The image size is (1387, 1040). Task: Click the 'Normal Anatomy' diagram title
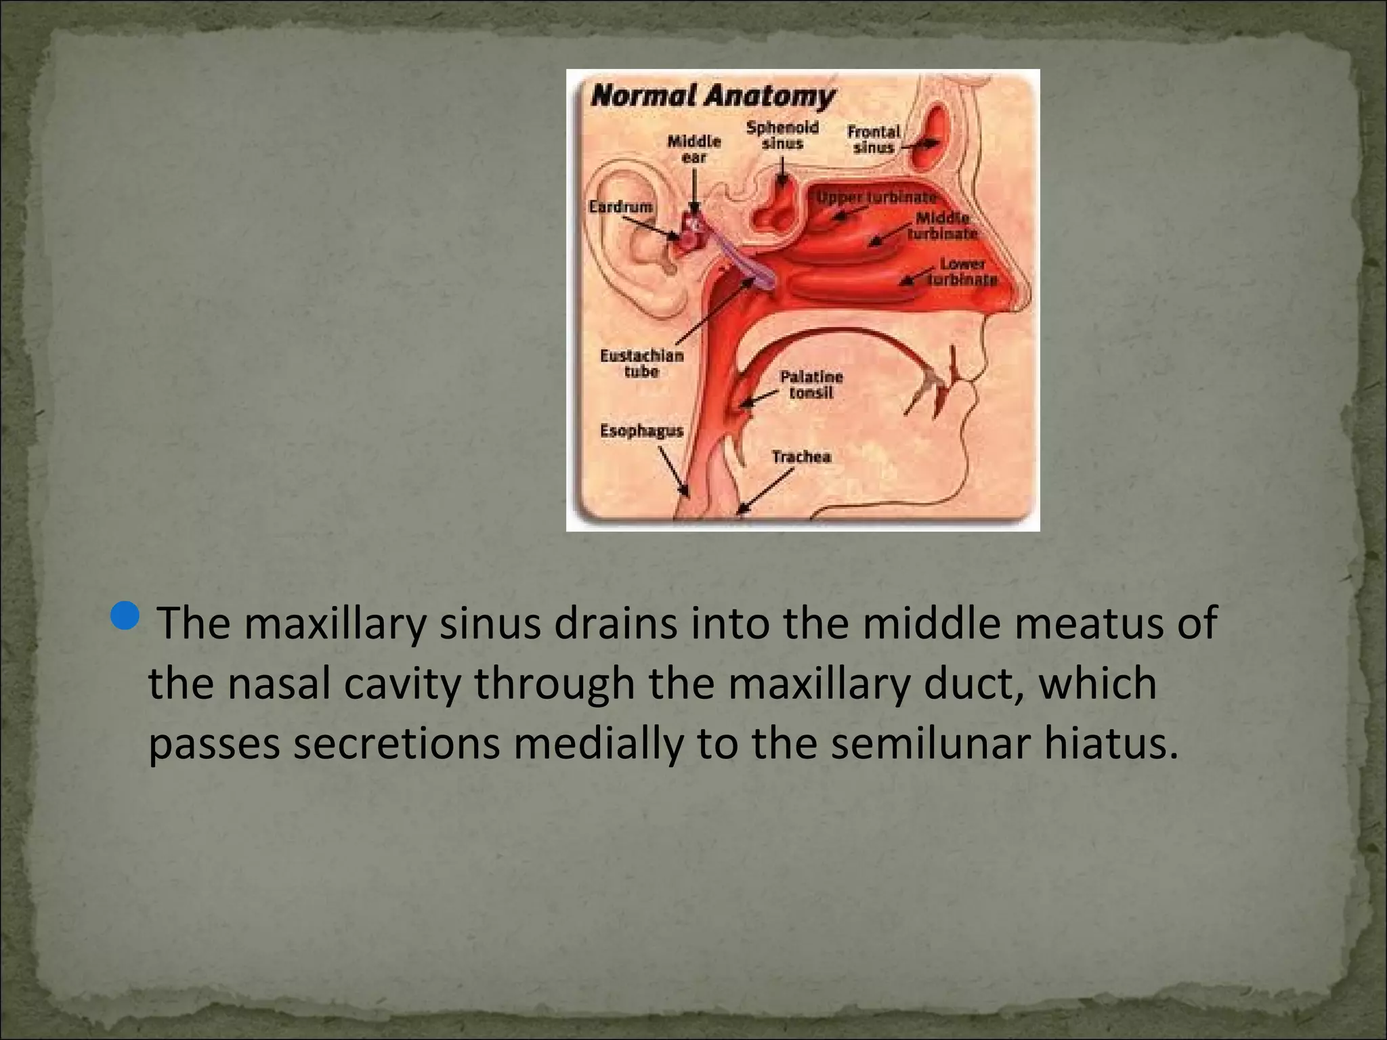coord(712,96)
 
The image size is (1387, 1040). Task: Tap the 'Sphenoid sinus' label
coord(782,135)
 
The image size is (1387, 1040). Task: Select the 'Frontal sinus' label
coord(873,139)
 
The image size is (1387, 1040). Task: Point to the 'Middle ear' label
coord(694,149)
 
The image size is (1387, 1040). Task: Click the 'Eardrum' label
coord(620,206)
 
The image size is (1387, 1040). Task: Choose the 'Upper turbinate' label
coord(876,197)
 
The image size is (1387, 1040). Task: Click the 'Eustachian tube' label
coord(641,363)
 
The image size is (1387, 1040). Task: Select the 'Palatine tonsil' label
coord(811,384)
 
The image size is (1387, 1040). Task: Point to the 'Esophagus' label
coord(641,431)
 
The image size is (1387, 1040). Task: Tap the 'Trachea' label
coord(801,456)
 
